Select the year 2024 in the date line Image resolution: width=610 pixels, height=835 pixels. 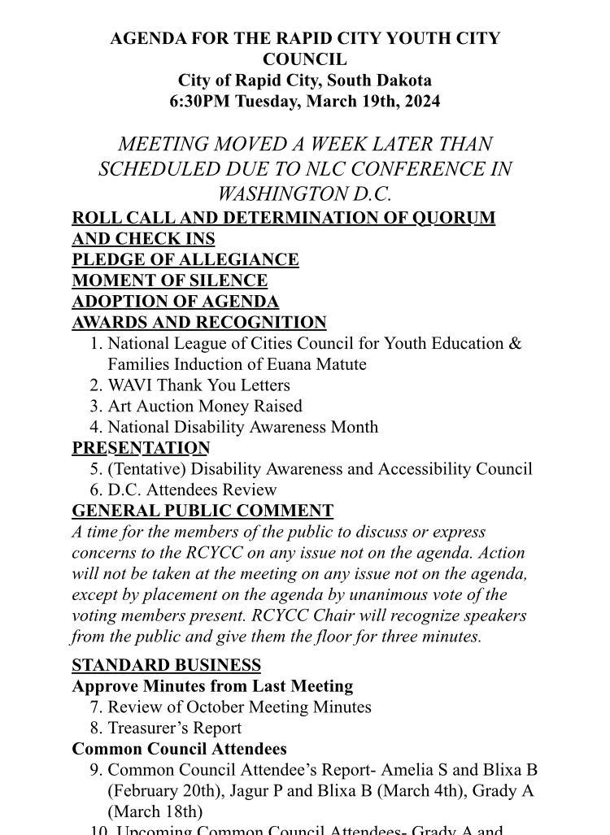(421, 102)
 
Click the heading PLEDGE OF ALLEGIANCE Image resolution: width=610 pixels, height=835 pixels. (185, 260)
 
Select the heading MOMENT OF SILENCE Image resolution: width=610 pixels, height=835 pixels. (170, 281)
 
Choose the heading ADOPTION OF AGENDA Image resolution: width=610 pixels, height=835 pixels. (176, 302)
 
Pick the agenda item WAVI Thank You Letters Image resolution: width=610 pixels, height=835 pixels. (198, 385)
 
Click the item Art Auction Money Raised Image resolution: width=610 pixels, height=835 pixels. (204, 406)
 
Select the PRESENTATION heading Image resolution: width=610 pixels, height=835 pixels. (141, 448)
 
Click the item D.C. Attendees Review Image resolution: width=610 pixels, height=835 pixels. (192, 489)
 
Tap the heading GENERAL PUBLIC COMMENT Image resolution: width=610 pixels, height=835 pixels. (203, 511)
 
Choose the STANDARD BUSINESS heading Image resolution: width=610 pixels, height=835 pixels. (166, 666)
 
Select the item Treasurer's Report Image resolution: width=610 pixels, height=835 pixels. (174, 728)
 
